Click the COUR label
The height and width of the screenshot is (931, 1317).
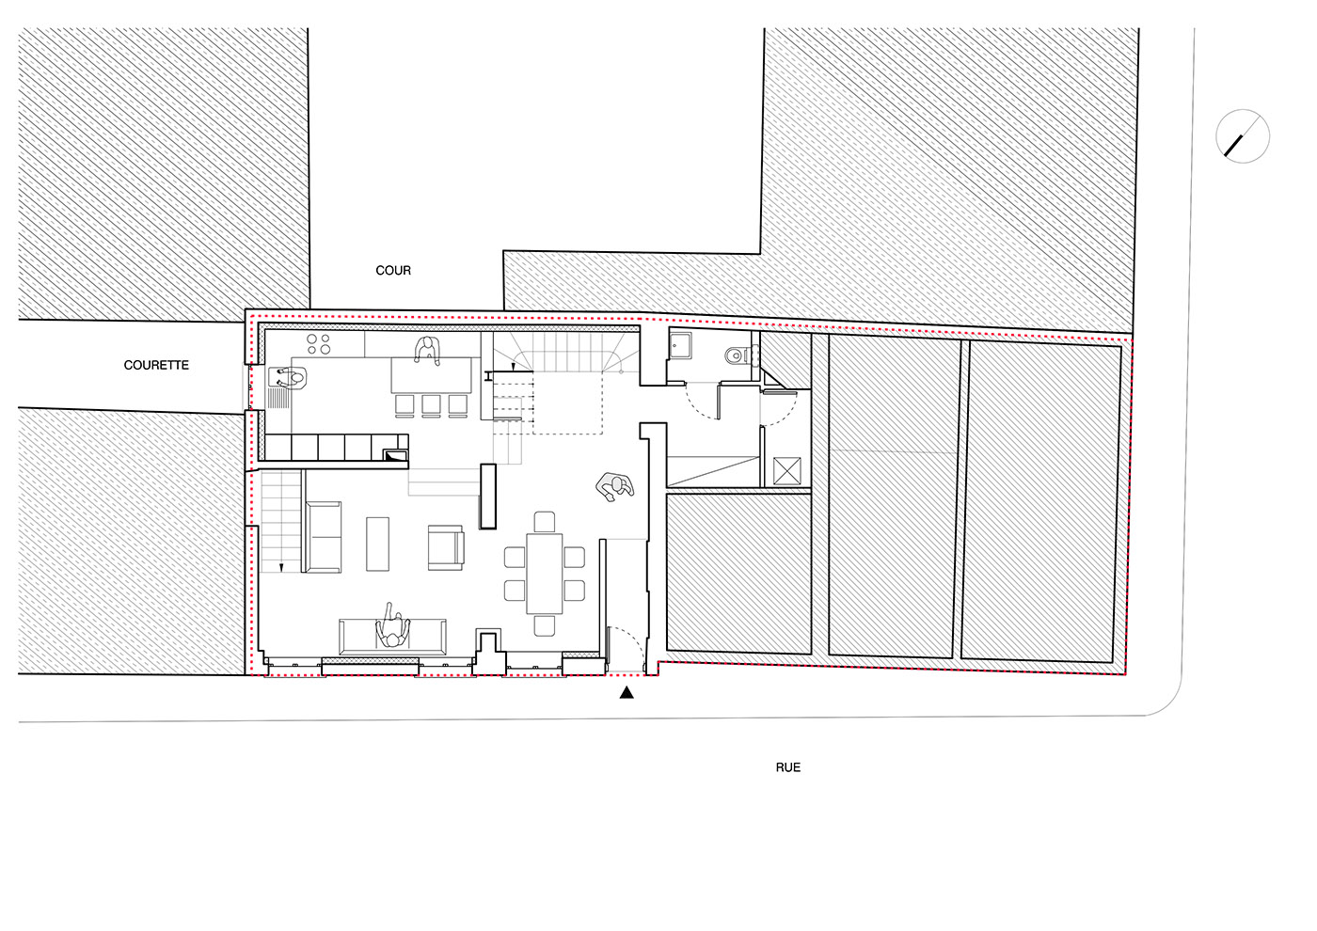[x=393, y=271]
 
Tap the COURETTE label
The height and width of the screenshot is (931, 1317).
[x=156, y=365]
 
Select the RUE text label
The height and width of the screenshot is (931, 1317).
[x=788, y=767]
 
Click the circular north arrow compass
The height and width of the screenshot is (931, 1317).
[x=1243, y=136]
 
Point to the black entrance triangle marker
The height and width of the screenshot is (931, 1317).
[x=627, y=692]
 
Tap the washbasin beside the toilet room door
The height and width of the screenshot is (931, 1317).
[x=680, y=346]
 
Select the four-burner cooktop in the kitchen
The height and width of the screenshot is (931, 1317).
[x=319, y=344]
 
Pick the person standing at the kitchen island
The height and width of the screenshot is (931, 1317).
[x=427, y=350]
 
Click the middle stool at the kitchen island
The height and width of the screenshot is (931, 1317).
[x=431, y=405]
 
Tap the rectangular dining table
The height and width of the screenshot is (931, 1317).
[x=545, y=573]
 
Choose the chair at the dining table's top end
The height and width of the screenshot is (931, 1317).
[x=545, y=522]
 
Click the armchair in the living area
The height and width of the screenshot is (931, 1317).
[x=446, y=547]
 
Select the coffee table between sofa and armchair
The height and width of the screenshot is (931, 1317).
[x=377, y=544]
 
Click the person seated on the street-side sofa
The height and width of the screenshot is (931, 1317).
[x=393, y=629]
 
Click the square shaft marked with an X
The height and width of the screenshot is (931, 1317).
[x=786, y=471]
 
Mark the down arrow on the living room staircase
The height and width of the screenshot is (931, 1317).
[x=281, y=567]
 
